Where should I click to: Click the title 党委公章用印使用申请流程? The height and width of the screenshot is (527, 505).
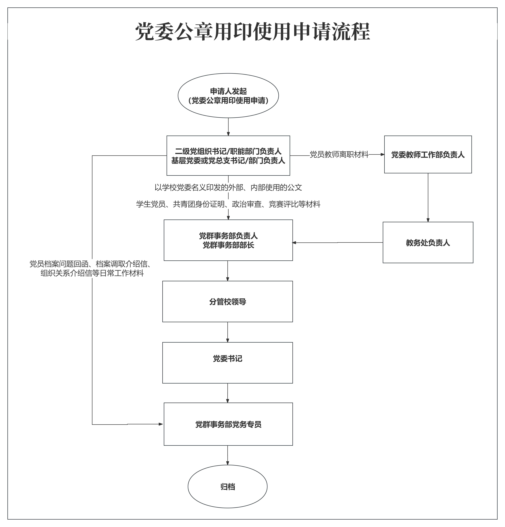[253, 32]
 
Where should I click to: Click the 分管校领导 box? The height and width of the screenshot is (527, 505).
[228, 302]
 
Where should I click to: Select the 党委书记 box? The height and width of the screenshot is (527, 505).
[228, 363]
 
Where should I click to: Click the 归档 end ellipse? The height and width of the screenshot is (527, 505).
[228, 487]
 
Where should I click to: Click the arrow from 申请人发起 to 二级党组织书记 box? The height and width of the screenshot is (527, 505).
[228, 127]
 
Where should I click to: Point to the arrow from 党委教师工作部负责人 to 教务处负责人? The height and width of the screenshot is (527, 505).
[428, 198]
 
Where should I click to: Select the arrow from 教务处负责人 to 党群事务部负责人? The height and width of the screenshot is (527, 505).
[337, 243]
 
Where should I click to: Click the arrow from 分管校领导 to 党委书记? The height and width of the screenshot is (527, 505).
[228, 332]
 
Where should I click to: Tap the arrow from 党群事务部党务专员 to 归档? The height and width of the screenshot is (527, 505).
[228, 455]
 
